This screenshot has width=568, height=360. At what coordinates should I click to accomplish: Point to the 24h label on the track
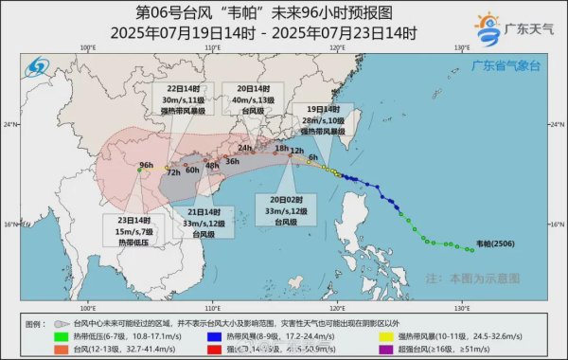click(245, 149)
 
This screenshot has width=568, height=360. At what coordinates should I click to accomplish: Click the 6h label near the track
click(312, 156)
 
